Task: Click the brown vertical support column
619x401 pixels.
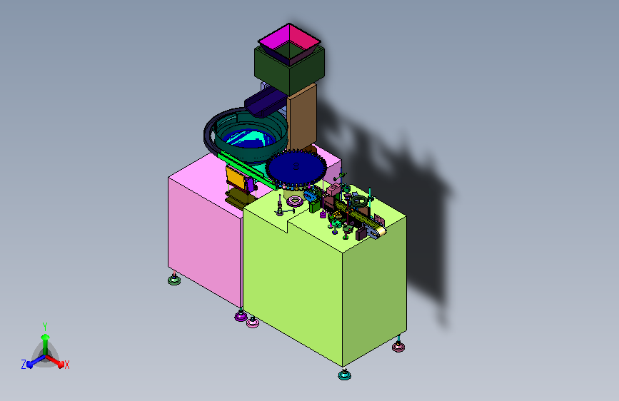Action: pyautogui.click(x=301, y=118)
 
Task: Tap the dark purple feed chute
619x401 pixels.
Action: pyautogui.click(x=263, y=102)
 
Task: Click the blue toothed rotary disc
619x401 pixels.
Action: pyautogui.click(x=296, y=168)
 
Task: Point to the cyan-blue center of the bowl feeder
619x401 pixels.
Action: pyautogui.click(x=248, y=138)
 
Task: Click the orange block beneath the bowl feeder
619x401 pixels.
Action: pyautogui.click(x=236, y=178)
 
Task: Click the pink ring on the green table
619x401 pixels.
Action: pyautogui.click(x=295, y=201)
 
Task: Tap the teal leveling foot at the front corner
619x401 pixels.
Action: pyautogui.click(x=345, y=375)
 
